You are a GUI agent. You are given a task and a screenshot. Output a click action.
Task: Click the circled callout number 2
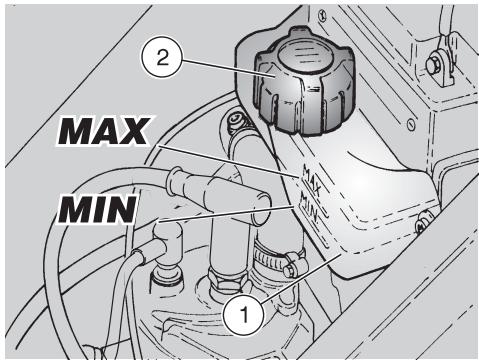[x=162, y=59]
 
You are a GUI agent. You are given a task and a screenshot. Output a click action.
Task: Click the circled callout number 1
[x=244, y=314]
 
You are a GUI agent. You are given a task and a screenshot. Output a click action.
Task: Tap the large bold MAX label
[x=104, y=131]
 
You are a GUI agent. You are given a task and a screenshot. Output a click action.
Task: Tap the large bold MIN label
[x=97, y=209]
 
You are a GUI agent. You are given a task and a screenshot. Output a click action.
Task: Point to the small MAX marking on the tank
[x=311, y=180]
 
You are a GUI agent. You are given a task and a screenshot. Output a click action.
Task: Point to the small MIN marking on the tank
[x=310, y=207]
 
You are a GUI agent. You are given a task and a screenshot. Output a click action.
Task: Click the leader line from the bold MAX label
[x=228, y=161]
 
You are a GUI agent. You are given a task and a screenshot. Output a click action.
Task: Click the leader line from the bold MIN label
[x=226, y=213]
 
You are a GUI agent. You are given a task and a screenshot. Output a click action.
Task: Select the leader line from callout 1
[x=301, y=279]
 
